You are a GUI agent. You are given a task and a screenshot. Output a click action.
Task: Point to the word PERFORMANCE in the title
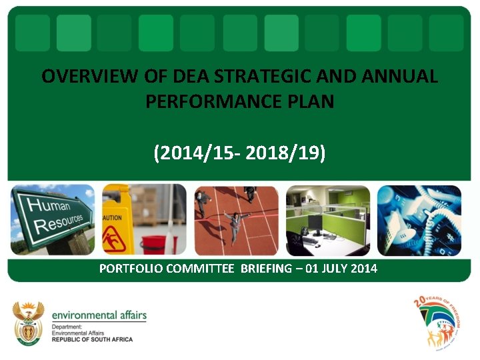tap(221, 102)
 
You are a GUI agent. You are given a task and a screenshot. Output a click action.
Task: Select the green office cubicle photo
tap(327, 220)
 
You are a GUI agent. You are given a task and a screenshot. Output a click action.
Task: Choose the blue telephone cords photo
tap(419, 220)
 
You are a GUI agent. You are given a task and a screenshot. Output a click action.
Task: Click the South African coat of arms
tap(28, 323)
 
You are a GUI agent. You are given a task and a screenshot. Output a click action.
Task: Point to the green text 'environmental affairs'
tap(99, 315)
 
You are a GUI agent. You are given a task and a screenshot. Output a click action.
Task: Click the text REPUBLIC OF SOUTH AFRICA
tap(92, 339)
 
